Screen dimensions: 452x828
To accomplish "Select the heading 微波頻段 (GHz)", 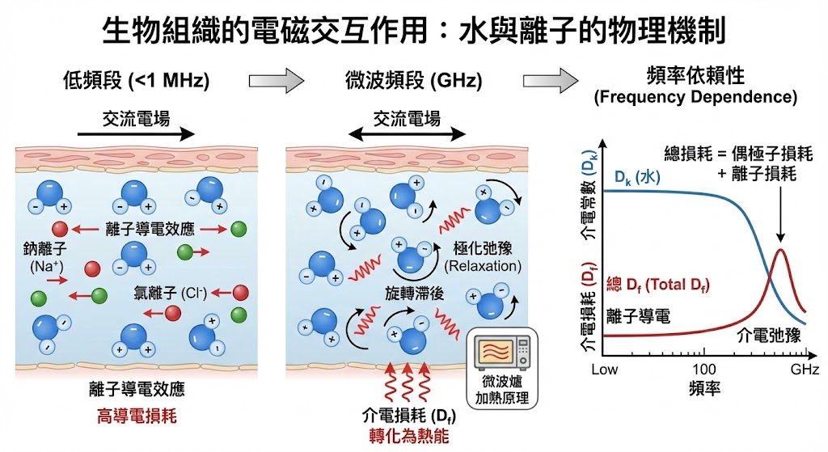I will (x=413, y=80).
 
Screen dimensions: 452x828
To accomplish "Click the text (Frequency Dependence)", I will (x=695, y=98).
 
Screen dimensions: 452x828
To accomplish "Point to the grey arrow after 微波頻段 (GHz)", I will (x=551, y=80).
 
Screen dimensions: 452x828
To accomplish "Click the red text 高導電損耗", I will (x=137, y=417).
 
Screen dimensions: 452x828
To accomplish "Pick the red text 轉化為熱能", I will (x=408, y=437).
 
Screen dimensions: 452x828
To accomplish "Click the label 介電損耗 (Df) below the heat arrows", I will (x=408, y=416).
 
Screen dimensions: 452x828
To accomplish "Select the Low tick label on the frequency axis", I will (x=605, y=369).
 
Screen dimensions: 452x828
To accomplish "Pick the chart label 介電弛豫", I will (x=768, y=336).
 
